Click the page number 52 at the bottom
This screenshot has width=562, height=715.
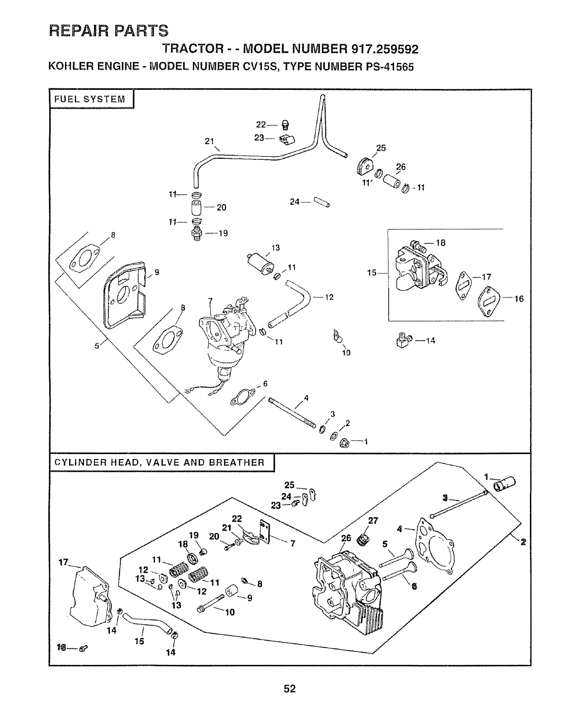click(290, 688)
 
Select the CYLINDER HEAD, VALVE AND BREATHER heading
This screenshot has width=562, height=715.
click(159, 462)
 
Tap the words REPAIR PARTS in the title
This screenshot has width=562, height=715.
click(108, 30)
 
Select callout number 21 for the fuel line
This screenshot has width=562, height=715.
click(209, 141)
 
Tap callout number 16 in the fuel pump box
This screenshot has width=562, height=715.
click(519, 298)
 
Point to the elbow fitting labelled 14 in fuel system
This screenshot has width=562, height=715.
click(402, 341)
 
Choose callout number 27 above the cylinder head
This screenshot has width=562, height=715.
click(373, 520)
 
